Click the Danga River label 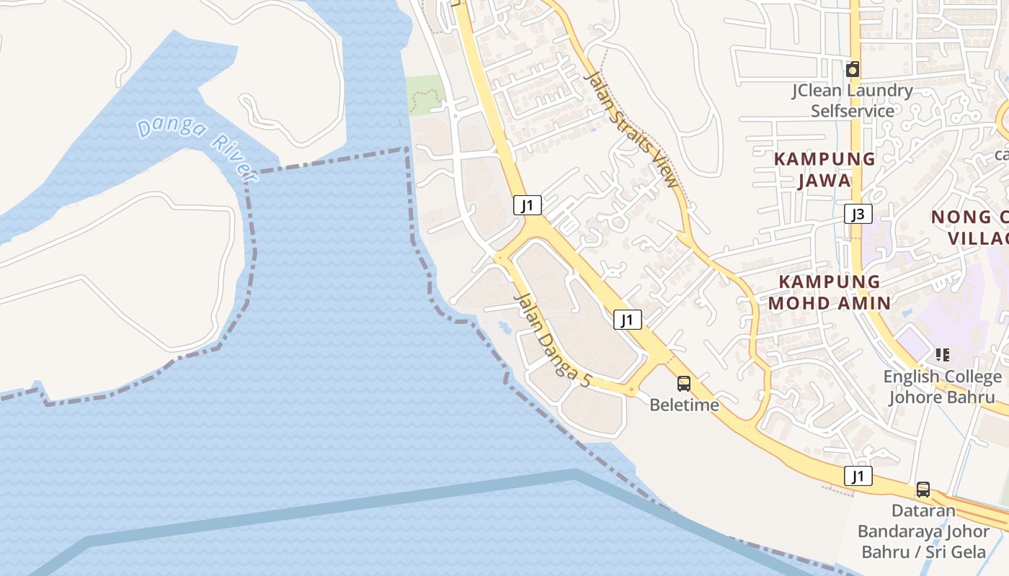tap(197, 148)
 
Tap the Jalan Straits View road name tap(631, 129)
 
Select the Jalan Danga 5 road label tap(552, 340)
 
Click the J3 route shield tap(858, 214)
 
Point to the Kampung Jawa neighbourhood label tap(824, 169)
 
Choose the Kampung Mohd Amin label tap(829, 292)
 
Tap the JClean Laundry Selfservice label tap(852, 101)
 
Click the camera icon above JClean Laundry tap(853, 69)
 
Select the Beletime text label tap(684, 405)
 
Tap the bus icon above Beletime tap(684, 384)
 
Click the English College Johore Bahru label tap(942, 387)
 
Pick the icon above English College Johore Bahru tap(942, 354)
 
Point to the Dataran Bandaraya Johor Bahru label tap(923, 531)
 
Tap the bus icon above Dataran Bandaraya tap(923, 490)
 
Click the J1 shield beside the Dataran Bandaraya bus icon tap(858, 476)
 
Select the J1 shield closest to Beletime tap(628, 320)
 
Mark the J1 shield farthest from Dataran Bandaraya tap(528, 205)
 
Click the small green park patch tap(423, 94)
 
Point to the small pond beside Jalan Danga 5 tap(504, 328)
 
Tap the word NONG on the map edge tap(961, 217)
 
